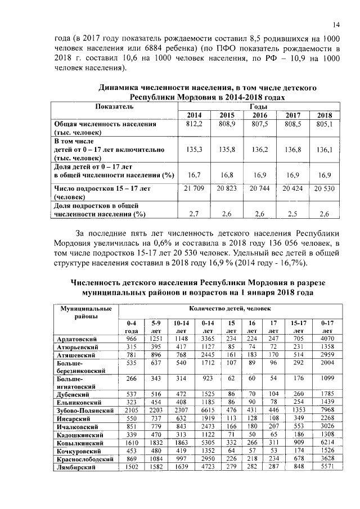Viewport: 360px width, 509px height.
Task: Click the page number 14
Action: (x=336, y=25)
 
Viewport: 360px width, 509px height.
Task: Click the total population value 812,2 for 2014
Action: (x=193, y=124)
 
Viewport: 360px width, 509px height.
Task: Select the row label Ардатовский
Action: (x=78, y=339)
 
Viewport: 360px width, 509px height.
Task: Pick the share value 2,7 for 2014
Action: (x=193, y=214)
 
